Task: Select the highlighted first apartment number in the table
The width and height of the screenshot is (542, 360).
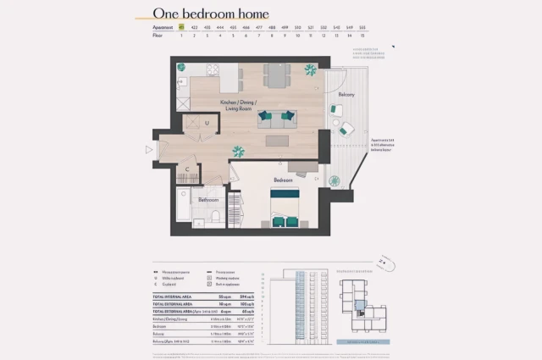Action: coord(181,27)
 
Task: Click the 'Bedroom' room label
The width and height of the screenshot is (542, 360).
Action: coord(283,180)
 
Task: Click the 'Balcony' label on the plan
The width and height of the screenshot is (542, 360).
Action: coord(346,95)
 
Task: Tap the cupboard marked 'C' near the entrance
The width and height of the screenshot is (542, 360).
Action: coord(188,169)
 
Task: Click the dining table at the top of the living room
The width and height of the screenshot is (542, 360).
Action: coord(276,75)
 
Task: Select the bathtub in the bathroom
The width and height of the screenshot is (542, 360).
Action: coord(183,207)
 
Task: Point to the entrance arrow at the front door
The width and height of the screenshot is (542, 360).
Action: coord(150,150)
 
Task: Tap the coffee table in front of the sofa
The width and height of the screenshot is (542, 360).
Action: coord(277,141)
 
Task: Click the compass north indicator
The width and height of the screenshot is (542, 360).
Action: coord(385,263)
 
